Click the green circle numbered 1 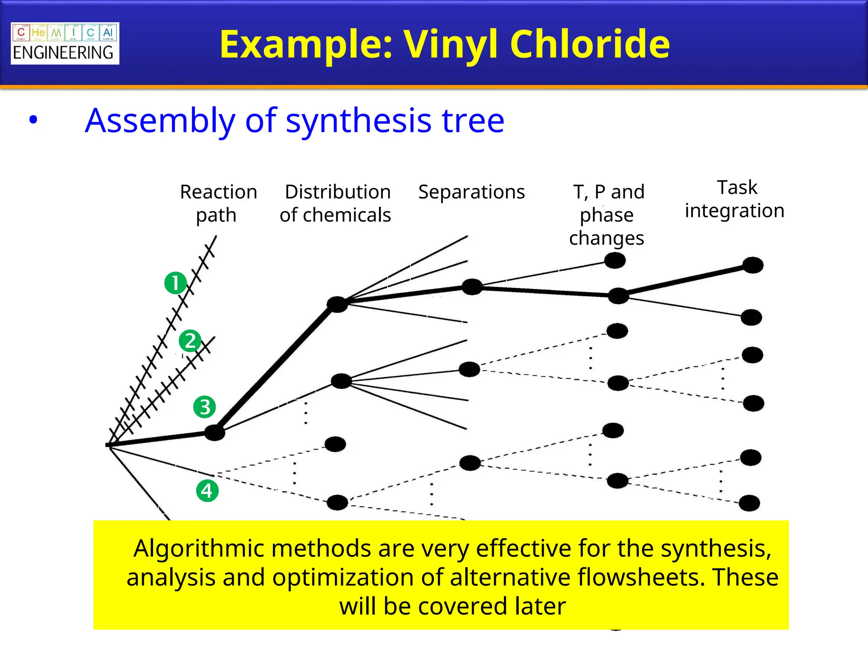175,283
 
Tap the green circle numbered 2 189,341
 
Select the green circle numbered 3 204,407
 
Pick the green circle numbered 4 207,491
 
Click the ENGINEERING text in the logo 63,53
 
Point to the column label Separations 471,192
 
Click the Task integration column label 734,199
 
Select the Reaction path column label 218,203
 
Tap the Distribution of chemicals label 336,203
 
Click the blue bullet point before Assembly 33,120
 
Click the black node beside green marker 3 214,433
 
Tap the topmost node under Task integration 753,265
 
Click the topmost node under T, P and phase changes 615,260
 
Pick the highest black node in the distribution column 337,304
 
